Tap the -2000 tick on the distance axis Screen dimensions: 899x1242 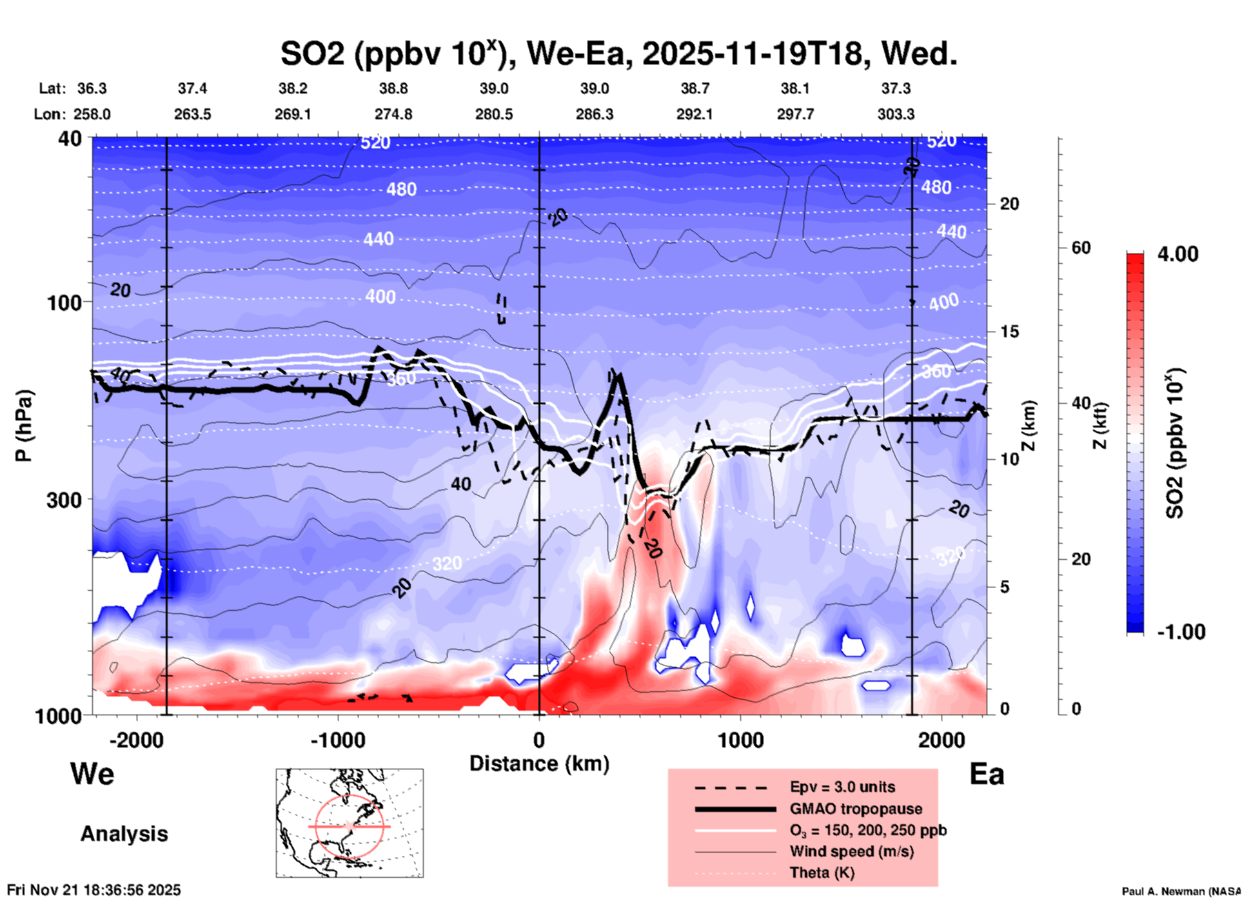click(136, 740)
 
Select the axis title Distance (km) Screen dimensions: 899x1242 click(539, 764)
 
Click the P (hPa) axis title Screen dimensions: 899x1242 click(24, 426)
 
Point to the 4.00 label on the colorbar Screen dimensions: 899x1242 click(1178, 254)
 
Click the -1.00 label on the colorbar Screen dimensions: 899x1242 click(1181, 631)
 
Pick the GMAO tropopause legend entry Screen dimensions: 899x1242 click(856, 809)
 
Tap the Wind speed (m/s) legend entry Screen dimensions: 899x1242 click(851, 851)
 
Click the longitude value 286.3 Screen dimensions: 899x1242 click(594, 114)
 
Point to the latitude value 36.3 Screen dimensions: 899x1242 click(92, 88)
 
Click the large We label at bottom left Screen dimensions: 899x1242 click(92, 773)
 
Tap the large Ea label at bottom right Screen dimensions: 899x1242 click(987, 774)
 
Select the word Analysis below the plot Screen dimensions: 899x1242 click(124, 834)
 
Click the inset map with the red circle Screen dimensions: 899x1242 click(350, 823)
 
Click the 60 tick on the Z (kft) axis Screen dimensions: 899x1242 click(1081, 248)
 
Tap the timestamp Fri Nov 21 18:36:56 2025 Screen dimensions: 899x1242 click(94, 890)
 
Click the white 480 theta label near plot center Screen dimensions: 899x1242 click(401, 190)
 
